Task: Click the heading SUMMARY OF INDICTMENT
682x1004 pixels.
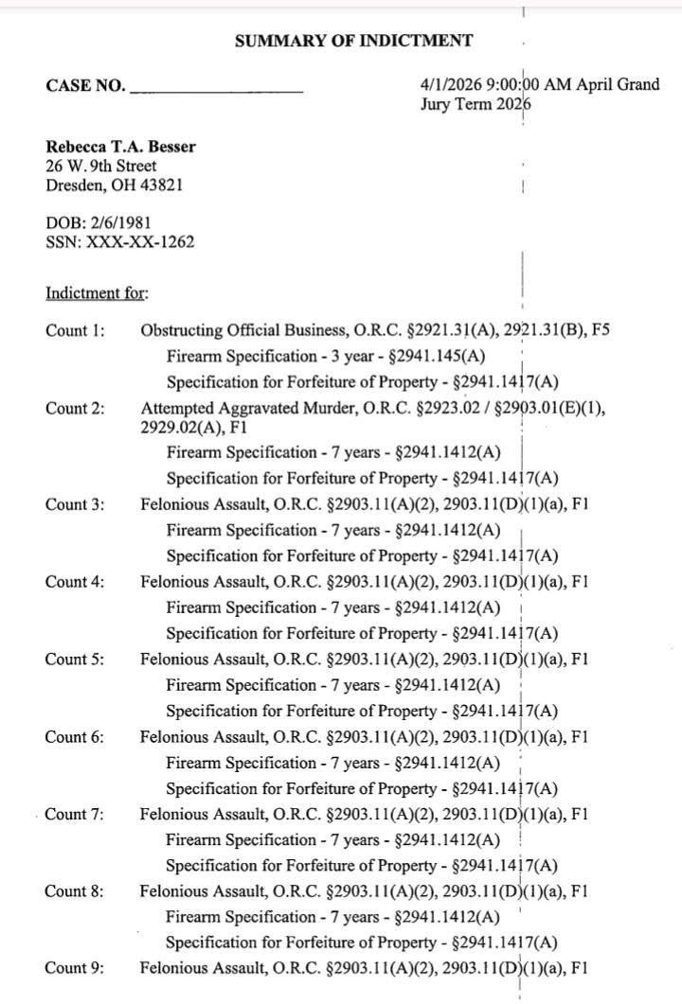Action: [353, 41]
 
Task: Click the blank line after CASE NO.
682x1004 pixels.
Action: [216, 87]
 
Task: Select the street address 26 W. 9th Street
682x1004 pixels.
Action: [101, 167]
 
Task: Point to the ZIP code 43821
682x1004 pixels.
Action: [163, 185]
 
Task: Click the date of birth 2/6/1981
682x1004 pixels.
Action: [122, 222]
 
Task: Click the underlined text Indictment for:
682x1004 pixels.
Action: [97, 292]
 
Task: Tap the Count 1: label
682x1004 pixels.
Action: [76, 331]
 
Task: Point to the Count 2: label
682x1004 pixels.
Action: [76, 409]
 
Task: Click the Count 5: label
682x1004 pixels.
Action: [76, 659]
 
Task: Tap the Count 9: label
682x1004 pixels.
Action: [76, 967]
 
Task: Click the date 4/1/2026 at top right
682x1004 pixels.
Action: [451, 84]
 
